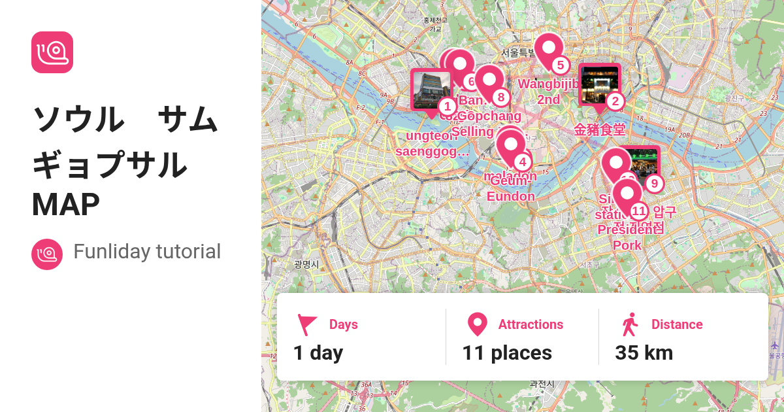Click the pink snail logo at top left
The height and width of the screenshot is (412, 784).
tap(52, 52)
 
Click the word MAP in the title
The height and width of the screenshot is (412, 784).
tap(65, 205)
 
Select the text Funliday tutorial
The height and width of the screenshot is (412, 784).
tap(147, 252)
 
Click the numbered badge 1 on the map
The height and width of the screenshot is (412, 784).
tap(447, 106)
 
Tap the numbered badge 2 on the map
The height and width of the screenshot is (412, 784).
tap(614, 101)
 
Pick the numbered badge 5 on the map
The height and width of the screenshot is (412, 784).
tap(559, 65)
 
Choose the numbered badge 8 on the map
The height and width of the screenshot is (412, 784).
tap(500, 97)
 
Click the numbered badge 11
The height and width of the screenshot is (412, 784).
tap(638, 211)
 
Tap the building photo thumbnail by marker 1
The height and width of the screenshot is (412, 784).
tap(431, 90)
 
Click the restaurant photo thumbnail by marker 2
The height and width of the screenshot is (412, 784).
tap(599, 84)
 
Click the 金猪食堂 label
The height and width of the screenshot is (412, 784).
tap(600, 130)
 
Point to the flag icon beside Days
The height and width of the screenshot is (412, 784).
tap(307, 325)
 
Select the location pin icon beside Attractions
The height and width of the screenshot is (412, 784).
tap(478, 325)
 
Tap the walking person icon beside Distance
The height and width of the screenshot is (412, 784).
tap(630, 324)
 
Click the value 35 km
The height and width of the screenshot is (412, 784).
tap(644, 353)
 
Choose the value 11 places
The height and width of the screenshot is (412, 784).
tap(507, 353)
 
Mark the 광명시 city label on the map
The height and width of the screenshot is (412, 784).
tap(306, 264)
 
